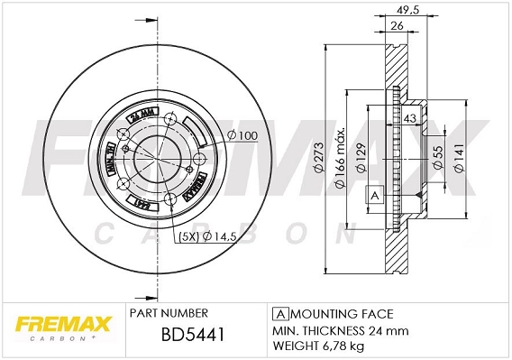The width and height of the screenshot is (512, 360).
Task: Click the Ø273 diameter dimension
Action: click(x=317, y=156)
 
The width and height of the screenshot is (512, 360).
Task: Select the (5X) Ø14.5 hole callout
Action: click(x=210, y=238)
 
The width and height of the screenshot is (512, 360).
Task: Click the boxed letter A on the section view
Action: click(x=373, y=195)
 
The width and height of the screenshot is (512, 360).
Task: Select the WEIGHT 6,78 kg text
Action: click(x=319, y=346)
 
